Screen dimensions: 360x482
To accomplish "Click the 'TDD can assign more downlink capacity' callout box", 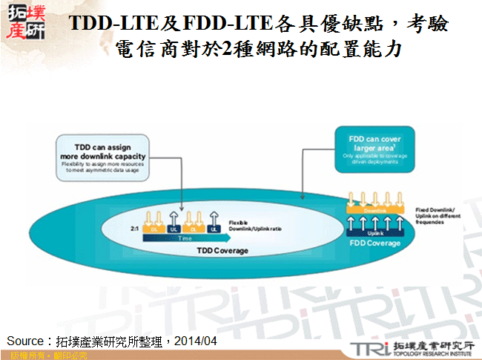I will pyautogui.click(x=101, y=157).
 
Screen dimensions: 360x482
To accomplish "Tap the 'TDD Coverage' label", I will pyautogui.click(x=222, y=250).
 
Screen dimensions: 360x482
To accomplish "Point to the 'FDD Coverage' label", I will pyautogui.click(x=374, y=243).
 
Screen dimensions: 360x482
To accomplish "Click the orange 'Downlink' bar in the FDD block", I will pyautogui.click(x=374, y=211).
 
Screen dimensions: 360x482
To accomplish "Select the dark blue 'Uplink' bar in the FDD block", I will pyautogui.click(x=374, y=232).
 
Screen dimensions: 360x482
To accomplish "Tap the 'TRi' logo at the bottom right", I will pyautogui.click(x=369, y=347).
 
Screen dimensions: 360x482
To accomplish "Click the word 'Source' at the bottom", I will pyautogui.click(x=24, y=340).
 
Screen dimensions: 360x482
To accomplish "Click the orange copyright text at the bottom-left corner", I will pyautogui.click(x=44, y=356).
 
